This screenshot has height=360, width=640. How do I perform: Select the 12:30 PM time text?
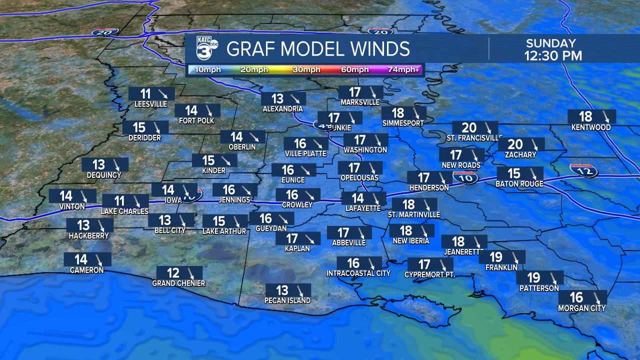[553, 55]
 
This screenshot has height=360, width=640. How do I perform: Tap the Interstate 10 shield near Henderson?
[465, 176]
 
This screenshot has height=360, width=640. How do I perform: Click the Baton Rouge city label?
[520, 184]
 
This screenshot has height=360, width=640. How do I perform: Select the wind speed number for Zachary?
[515, 144]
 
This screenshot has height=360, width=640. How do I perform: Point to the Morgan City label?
[582, 308]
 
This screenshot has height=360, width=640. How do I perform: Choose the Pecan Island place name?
[287, 300]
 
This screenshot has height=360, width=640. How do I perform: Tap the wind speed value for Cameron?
[81, 259]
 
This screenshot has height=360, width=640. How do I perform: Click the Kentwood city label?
[591, 127]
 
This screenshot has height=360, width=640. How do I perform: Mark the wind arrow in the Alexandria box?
[295, 98]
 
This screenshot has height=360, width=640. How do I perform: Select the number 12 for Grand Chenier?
[173, 273]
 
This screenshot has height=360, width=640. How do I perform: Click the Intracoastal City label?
[358, 273]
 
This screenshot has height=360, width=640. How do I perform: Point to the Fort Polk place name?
[196, 121]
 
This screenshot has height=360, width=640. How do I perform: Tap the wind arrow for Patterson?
[552, 277]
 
